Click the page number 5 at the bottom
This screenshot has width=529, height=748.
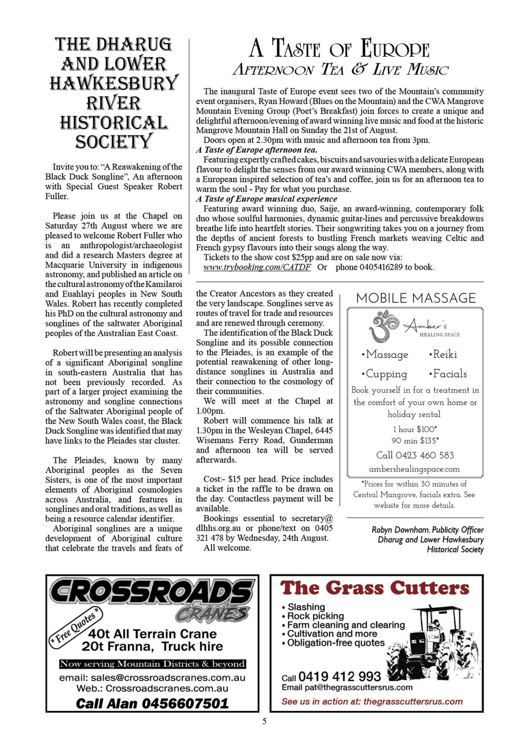264,721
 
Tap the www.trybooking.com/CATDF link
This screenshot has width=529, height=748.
257,267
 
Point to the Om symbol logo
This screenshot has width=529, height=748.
384,326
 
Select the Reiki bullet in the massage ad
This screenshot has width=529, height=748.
443,355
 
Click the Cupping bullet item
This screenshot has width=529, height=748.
384,374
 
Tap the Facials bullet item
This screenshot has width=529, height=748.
448,374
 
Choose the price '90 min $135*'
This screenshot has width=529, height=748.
415,441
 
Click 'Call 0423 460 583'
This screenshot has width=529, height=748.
415,455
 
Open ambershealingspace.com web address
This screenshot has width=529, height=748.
414,469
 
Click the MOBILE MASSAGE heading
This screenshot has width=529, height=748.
416,298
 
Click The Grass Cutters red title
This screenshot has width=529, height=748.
375,588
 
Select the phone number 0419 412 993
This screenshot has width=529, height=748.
339,676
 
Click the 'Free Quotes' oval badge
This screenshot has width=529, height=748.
75,626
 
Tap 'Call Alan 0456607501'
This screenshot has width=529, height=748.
152,703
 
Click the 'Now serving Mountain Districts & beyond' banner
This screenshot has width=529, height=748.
152,663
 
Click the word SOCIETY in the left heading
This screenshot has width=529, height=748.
114,142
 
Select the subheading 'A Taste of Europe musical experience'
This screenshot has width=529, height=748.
266,199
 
